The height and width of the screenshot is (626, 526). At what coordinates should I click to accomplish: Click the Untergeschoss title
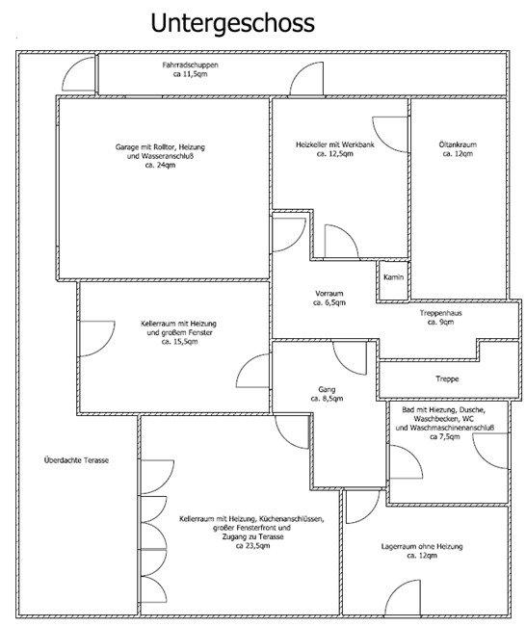[232, 23]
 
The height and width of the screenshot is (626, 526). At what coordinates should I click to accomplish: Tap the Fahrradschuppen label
[190, 65]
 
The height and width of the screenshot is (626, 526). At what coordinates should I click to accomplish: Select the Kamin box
[393, 280]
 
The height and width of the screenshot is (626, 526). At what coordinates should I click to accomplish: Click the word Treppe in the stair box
[447, 378]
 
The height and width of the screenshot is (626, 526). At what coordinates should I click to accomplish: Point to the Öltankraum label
[458, 144]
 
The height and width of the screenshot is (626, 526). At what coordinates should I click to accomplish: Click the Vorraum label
[329, 294]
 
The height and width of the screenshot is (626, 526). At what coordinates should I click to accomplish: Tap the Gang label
[327, 389]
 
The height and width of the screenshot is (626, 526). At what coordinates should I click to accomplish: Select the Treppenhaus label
[440, 313]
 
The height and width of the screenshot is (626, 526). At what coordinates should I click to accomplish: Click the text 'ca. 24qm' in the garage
[160, 165]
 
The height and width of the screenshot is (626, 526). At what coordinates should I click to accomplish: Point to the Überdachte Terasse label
[76, 460]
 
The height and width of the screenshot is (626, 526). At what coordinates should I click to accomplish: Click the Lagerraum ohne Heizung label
[422, 546]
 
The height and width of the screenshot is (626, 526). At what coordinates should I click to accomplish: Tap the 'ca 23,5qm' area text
[252, 545]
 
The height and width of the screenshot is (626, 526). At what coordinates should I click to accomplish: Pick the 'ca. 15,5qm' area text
[179, 341]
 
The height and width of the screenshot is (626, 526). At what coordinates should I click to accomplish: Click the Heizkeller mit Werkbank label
[335, 144]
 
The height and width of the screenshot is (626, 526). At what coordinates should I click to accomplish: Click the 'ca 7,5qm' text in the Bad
[444, 437]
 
